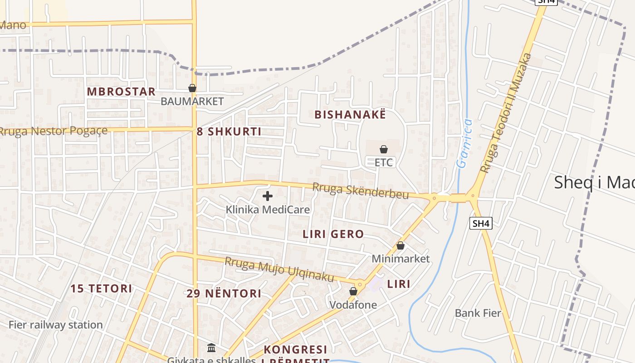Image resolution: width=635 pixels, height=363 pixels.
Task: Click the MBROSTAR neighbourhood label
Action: (121, 92)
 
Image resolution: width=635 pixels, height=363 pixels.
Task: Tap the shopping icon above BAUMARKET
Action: (192, 88)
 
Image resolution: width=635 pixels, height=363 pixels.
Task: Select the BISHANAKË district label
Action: (350, 115)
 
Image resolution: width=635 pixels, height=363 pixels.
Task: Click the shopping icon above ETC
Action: (384, 149)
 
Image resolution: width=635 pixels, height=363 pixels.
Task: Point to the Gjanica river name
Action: (464, 143)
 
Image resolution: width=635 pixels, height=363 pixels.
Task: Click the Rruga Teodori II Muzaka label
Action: (505, 113)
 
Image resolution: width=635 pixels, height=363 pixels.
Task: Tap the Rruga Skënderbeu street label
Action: (360, 191)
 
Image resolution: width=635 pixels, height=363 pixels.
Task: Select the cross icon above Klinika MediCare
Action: (268, 196)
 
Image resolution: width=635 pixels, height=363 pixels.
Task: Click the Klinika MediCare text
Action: (268, 210)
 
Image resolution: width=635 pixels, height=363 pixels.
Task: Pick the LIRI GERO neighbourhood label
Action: (333, 235)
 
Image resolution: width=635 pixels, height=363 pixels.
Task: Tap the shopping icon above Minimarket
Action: (401, 246)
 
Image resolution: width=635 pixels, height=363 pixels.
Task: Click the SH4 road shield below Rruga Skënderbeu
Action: (481, 223)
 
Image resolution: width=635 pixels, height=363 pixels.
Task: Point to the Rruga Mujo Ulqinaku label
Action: (279, 270)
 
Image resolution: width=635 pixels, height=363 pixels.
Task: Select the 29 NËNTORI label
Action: (224, 294)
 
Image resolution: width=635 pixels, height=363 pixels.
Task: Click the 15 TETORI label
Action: (102, 289)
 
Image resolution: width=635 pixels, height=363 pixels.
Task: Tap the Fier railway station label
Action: (56, 325)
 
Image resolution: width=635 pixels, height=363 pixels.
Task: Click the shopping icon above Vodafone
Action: (353, 292)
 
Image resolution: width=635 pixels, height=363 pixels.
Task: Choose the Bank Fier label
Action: (478, 313)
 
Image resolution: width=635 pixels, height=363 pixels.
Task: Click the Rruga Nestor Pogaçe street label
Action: (54, 132)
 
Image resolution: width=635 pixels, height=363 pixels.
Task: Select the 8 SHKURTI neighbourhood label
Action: (229, 132)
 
